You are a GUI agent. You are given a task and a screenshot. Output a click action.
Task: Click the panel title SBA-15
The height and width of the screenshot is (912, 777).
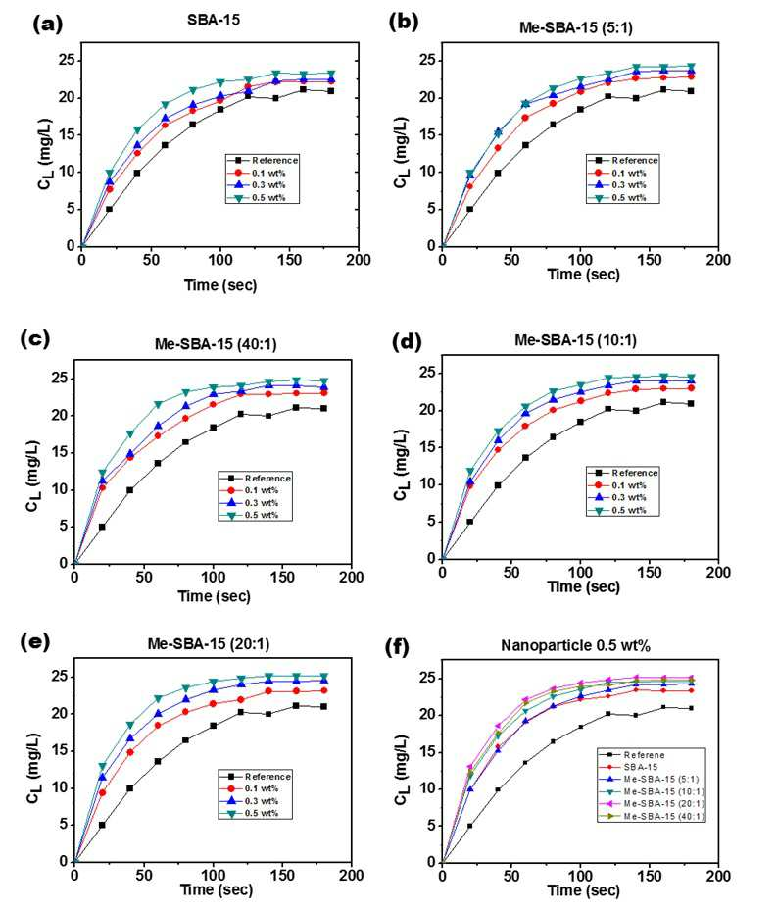pos(214,20)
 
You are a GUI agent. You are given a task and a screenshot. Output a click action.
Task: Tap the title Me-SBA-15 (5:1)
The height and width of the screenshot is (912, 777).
pos(575,27)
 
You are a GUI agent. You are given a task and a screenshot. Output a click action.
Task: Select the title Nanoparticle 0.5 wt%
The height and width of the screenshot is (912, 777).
pos(575,645)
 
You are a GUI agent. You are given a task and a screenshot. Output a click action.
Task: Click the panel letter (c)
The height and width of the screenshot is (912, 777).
pos(35,339)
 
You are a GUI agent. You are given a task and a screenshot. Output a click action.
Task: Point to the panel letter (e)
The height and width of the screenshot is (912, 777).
pos(35,642)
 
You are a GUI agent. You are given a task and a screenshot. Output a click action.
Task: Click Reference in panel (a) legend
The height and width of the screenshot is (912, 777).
pos(275,160)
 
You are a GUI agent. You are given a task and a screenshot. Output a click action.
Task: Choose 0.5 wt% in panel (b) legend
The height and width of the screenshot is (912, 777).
pos(629,198)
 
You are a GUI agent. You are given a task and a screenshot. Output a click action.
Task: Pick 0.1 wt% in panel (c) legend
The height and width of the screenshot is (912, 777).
pos(261,490)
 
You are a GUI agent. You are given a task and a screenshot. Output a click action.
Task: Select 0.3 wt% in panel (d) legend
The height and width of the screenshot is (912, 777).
pos(629,497)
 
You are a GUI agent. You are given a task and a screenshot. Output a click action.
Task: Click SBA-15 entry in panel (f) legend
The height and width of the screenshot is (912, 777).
pos(641,767)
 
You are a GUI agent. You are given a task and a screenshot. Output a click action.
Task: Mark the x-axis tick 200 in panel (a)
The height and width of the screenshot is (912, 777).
pos(359,260)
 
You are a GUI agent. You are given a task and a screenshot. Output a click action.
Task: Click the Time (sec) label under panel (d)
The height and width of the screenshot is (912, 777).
pos(583,586)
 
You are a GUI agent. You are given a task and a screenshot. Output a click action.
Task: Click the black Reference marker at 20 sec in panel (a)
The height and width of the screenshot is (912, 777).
pos(110,209)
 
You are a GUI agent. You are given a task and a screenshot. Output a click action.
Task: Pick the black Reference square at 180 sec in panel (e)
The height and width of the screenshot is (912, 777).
pos(323,706)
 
